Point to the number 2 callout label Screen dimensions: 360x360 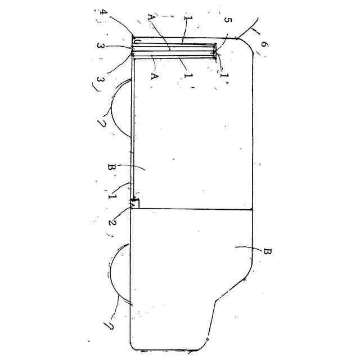coord(113,221)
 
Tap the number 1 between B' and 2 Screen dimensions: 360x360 coord(111,197)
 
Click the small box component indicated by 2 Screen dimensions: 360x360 coord(135,203)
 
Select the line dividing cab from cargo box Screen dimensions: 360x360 coord(191,209)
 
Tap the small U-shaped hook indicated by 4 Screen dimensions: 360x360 coord(135,42)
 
